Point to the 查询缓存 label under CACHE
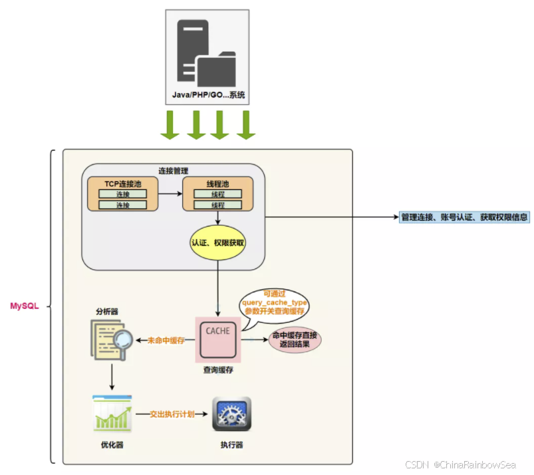[x=217, y=369]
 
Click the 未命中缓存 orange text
[x=167, y=340]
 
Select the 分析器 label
[x=106, y=311]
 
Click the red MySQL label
[x=24, y=306]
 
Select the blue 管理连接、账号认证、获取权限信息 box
[x=465, y=217]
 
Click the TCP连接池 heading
[x=123, y=183]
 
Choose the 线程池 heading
[x=217, y=183]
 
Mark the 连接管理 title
[x=174, y=170]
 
